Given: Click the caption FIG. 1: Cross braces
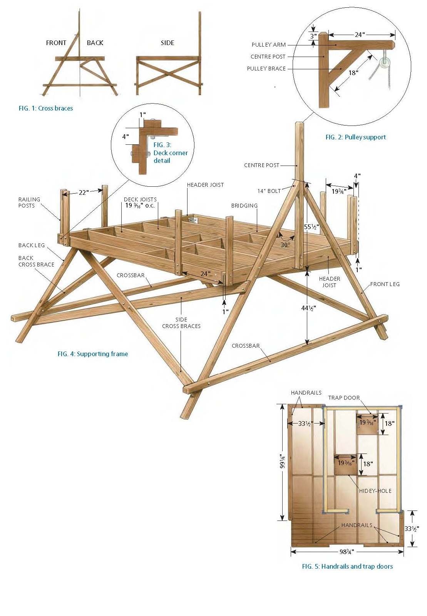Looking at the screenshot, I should (x=46, y=108).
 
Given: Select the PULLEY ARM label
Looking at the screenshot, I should (x=268, y=45).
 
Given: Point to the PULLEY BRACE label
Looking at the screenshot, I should (x=266, y=69).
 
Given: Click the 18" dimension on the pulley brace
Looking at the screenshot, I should (x=353, y=72).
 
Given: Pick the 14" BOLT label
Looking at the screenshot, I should (x=269, y=191).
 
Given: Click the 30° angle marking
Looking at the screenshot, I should (x=285, y=245).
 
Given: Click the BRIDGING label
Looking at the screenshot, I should (x=244, y=206).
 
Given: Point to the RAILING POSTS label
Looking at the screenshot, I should (x=29, y=203).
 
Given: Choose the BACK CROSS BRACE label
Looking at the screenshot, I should (x=36, y=261).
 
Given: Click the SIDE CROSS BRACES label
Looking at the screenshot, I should (x=181, y=323).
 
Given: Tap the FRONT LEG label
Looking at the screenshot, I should (x=385, y=284).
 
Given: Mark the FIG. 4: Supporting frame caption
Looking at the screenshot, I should (x=93, y=354).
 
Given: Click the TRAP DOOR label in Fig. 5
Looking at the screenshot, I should (x=344, y=398).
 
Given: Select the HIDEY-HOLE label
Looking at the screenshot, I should (x=375, y=491).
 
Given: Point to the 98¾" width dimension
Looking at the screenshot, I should (x=347, y=552).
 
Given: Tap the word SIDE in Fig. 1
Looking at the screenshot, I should (x=167, y=43).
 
